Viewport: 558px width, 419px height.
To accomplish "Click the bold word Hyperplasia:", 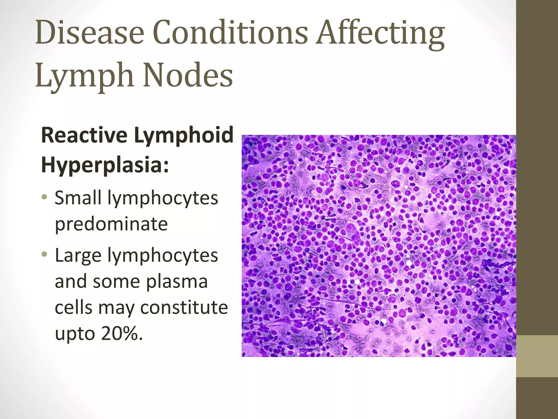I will coord(105,165).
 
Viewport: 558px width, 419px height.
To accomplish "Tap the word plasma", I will coord(177,281).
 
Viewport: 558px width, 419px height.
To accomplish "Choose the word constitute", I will coord(184,307).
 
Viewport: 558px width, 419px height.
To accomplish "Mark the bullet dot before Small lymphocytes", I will coord(45,197).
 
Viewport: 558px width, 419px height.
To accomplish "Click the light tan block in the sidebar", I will coord(537,356).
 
